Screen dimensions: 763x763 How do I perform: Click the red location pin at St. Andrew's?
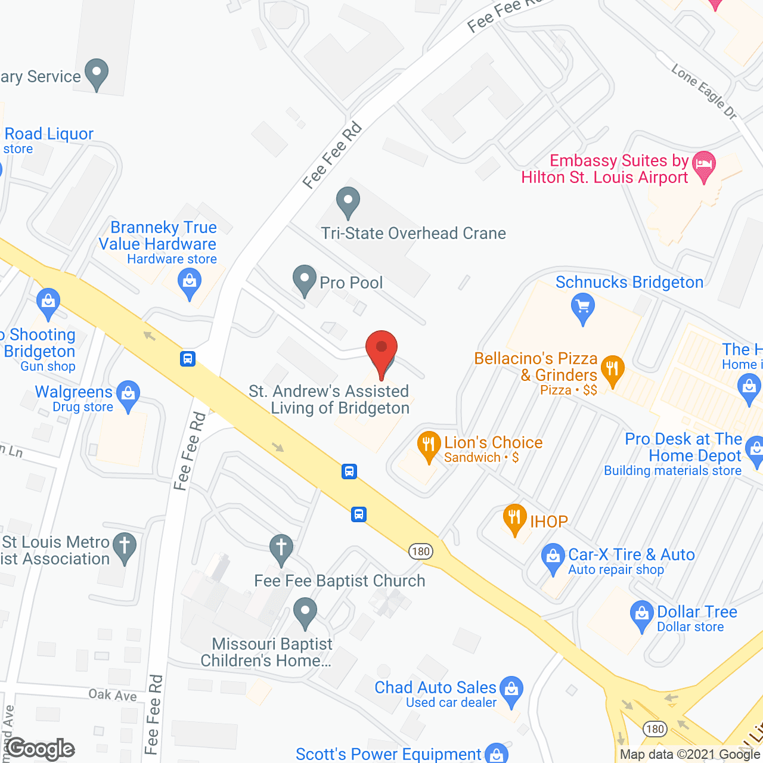(381, 348)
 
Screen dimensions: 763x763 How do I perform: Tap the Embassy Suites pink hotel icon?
(705, 164)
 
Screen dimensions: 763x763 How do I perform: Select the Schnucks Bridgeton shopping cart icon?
(583, 308)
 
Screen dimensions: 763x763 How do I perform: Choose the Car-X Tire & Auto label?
(631, 555)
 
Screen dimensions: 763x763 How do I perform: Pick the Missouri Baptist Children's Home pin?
(305, 612)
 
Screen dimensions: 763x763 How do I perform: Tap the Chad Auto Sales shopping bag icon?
(511, 690)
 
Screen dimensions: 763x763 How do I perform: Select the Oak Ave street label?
(113, 695)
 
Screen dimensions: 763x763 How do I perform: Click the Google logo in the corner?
(41, 749)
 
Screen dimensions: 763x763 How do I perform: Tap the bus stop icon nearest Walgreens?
(188, 359)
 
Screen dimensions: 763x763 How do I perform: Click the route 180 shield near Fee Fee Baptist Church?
(421, 551)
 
